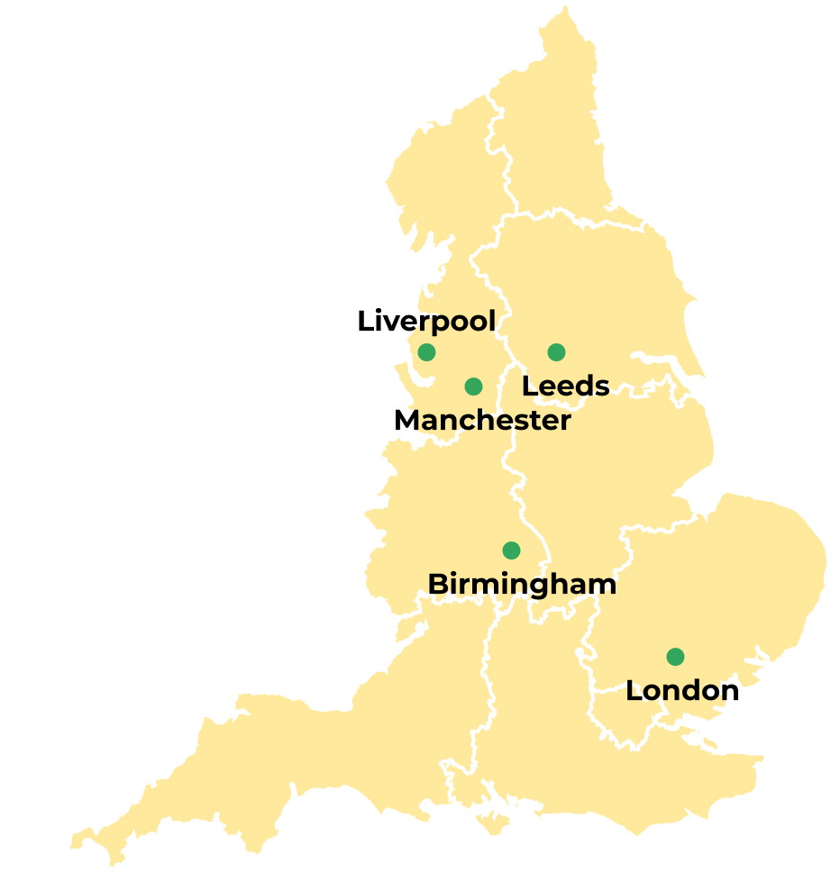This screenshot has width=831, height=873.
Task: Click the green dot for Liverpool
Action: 426,351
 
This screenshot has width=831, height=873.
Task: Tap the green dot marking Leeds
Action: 556,351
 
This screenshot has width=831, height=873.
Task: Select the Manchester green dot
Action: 473,386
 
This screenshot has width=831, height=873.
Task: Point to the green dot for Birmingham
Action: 511,550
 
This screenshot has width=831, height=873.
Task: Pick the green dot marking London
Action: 675,656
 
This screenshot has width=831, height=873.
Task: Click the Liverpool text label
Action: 426,321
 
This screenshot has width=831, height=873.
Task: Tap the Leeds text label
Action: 566,386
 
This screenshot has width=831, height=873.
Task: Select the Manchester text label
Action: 482,420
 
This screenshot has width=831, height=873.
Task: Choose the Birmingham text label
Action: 522,584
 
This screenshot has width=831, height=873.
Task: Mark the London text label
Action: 682,690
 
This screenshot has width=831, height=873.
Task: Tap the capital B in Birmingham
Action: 437,584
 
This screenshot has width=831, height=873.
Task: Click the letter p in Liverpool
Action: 448,323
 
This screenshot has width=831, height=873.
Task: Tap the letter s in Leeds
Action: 601,386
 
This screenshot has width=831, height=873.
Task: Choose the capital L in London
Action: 634,690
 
